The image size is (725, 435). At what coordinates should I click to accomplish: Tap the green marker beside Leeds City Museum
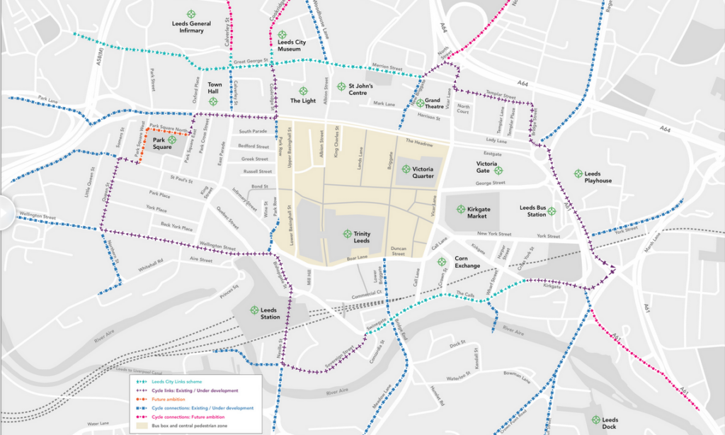coord(281,34)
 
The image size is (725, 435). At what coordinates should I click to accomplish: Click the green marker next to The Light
coord(303,91)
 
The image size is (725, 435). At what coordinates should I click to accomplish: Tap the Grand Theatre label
coord(433,104)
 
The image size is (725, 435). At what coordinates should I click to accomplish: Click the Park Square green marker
coord(172,140)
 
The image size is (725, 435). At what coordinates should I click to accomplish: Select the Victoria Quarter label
coord(423,172)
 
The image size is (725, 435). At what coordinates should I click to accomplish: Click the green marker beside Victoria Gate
coord(498,170)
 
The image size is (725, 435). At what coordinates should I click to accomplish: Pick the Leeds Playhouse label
coord(598,177)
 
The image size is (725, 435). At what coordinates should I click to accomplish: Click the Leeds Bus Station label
coord(533,211)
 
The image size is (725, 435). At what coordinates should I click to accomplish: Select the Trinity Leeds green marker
coord(347,233)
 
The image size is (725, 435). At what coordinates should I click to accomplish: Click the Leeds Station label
coord(269,313)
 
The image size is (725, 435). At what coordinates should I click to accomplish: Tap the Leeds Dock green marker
coord(595,419)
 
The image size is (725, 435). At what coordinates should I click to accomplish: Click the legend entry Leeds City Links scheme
coord(177,381)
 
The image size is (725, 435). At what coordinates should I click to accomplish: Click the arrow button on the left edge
coord(4,210)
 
